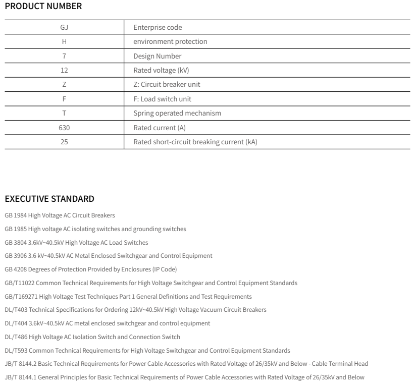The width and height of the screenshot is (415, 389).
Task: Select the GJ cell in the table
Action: [x=64, y=27]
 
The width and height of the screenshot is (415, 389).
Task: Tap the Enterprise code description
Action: [x=158, y=27]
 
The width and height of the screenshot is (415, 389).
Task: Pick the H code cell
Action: [x=64, y=41]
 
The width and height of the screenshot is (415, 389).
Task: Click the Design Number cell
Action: [x=157, y=56]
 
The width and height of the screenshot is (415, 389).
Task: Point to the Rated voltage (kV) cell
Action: [x=161, y=70]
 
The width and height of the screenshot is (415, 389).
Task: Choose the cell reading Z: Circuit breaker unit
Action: [x=170, y=84]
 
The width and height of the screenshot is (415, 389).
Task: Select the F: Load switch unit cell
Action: [x=162, y=99]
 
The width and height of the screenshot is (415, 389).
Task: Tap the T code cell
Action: [x=64, y=113]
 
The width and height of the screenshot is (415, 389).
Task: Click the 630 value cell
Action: [x=64, y=128]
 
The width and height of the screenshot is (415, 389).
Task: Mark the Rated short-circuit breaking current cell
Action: [x=195, y=142]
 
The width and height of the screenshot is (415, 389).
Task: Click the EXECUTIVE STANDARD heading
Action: [x=49, y=199]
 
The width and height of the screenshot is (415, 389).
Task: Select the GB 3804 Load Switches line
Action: [x=76, y=242]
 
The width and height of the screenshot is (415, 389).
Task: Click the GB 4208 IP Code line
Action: [x=90, y=269]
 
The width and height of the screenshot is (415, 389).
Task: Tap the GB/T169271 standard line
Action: [x=128, y=296]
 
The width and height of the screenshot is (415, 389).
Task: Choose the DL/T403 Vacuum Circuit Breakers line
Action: [x=135, y=309]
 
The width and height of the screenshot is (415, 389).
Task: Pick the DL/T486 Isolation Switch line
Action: [x=92, y=337]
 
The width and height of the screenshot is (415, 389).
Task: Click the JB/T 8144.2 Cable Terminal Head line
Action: [x=186, y=363]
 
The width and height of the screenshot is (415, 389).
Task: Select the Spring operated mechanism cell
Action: [x=177, y=113]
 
